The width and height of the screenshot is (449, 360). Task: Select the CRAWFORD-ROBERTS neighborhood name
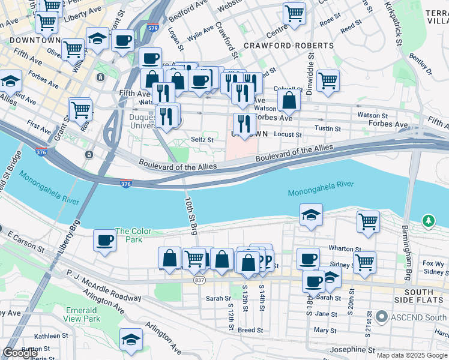(288, 46)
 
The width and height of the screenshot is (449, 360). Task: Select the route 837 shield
(200, 280)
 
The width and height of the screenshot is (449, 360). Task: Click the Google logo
(20, 353)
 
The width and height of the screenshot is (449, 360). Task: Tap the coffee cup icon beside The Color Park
(104, 241)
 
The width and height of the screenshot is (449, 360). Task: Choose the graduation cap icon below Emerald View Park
(130, 340)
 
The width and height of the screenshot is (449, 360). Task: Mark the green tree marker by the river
(428, 221)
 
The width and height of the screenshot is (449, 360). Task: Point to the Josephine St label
(355, 349)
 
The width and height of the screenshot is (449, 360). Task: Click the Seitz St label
(202, 139)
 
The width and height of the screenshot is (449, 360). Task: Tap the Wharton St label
(343, 248)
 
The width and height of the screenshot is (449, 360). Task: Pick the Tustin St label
(328, 128)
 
